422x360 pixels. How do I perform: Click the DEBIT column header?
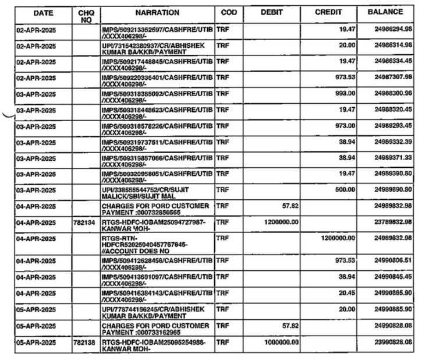(272, 12)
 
